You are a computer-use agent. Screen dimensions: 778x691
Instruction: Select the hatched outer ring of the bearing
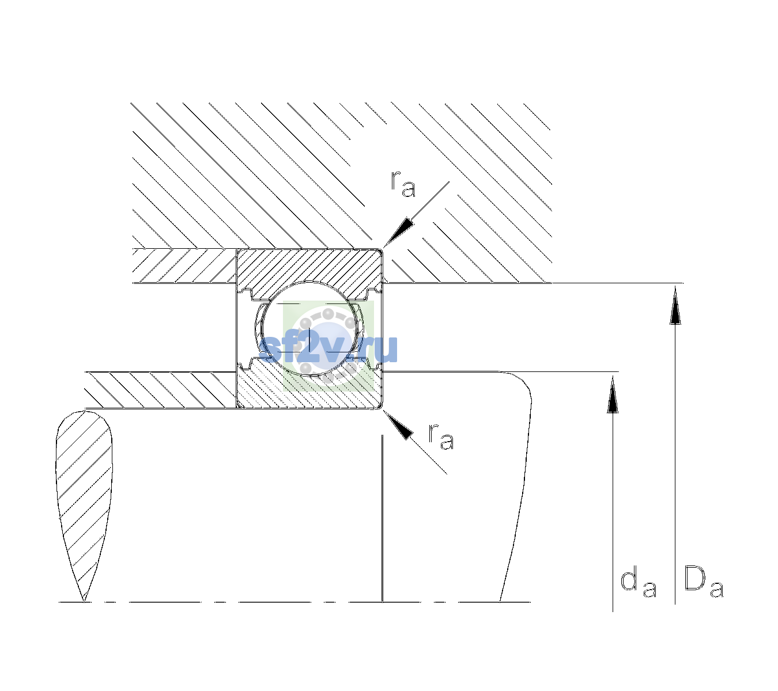[x=309, y=273]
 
